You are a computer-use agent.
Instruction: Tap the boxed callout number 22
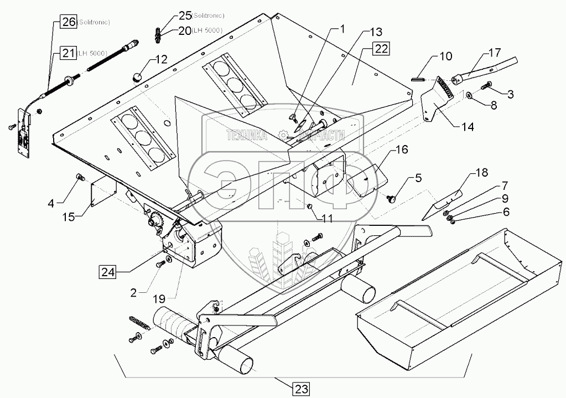380,49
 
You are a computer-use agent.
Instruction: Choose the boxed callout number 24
108,271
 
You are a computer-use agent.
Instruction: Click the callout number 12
160,58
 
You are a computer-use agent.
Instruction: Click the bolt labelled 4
79,177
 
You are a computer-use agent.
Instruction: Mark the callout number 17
494,53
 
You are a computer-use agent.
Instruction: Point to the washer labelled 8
469,96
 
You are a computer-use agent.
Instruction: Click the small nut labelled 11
309,206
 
